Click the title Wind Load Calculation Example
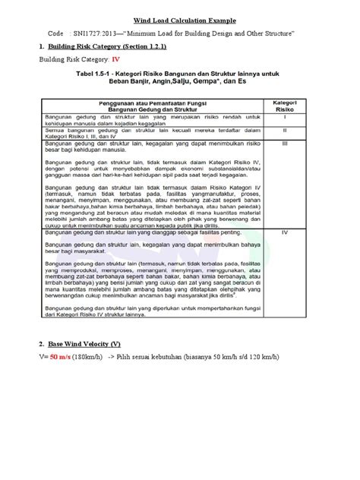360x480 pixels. [181, 20]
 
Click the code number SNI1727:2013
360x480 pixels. [98, 35]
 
